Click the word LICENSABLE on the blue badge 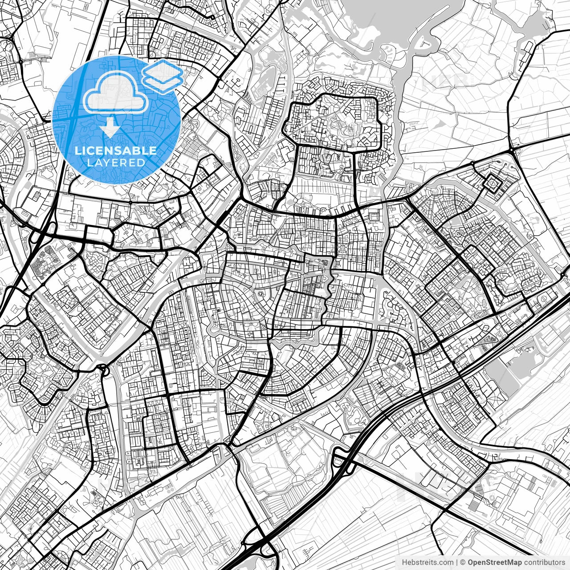click(116, 151)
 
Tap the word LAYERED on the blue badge click(116, 163)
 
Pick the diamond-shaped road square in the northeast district click(493, 183)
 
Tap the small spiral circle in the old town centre click(260, 295)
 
